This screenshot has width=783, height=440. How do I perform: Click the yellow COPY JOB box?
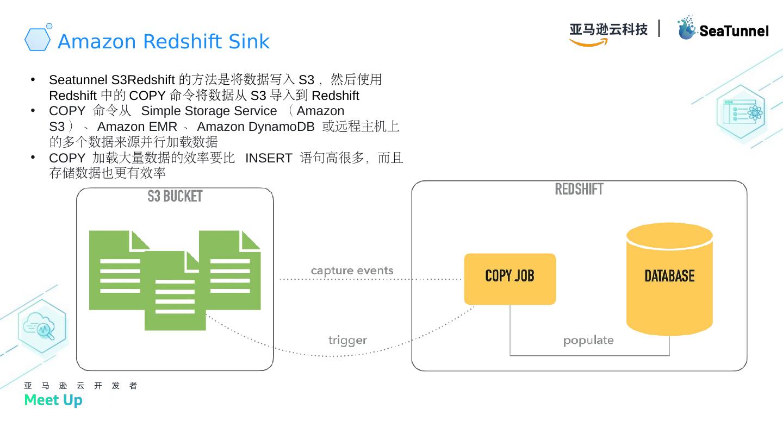[509, 279]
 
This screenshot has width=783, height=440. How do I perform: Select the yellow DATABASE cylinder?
[669, 280]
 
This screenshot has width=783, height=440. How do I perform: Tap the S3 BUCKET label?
[175, 197]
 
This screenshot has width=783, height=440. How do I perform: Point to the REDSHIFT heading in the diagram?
[579, 190]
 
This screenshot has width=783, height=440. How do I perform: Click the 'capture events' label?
[352, 271]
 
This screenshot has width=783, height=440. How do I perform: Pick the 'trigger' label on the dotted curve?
[347, 341]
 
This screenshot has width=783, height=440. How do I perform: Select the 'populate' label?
[588, 341]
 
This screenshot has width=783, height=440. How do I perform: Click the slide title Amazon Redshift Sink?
[163, 41]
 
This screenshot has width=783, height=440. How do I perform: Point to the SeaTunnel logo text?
[734, 31]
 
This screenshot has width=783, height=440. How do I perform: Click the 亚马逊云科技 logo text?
[608, 29]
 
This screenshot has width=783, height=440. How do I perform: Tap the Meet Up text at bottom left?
[53, 400]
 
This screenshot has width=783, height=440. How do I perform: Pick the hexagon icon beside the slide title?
[38, 39]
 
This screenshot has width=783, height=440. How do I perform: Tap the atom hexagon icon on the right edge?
[741, 114]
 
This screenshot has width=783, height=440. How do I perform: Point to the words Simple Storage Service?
[209, 111]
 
